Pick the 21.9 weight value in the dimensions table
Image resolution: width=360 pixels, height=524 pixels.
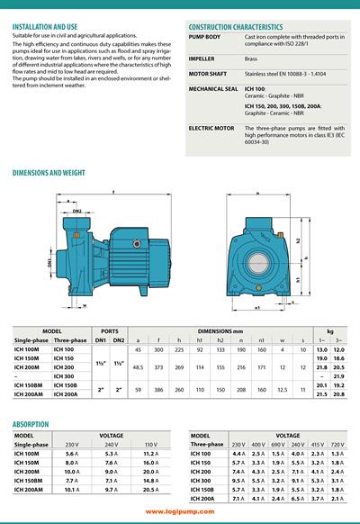pos(338,375)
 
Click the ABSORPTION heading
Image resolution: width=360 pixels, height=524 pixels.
pos(31,423)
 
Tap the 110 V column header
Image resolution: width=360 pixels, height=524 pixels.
pos(151,445)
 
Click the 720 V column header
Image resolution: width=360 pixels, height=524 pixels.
pos(337,445)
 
